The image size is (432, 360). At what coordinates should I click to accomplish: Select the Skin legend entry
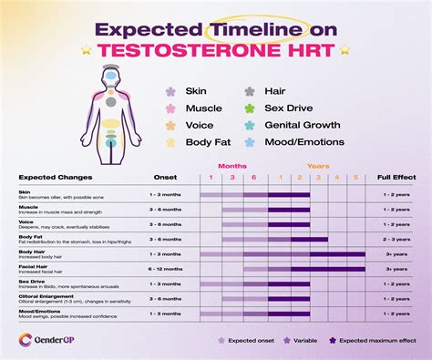pyautogui.click(x=196, y=91)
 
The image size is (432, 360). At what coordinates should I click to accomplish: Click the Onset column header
pyautogui.click(x=165, y=179)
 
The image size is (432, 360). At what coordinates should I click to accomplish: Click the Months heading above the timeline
pyautogui.click(x=233, y=167)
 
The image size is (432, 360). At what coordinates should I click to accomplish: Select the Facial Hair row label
pyautogui.click(x=33, y=266)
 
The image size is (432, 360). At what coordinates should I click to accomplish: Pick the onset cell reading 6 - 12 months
pyautogui.click(x=165, y=269)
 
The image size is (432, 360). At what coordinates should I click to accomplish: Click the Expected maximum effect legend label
pyautogui.click(x=377, y=340)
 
